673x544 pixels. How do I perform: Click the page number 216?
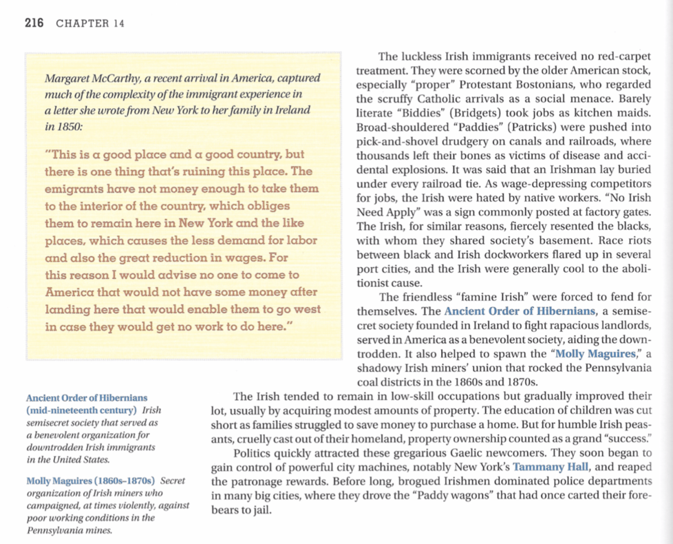[34, 23]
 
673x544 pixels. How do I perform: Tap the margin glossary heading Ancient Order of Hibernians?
[86, 398]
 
